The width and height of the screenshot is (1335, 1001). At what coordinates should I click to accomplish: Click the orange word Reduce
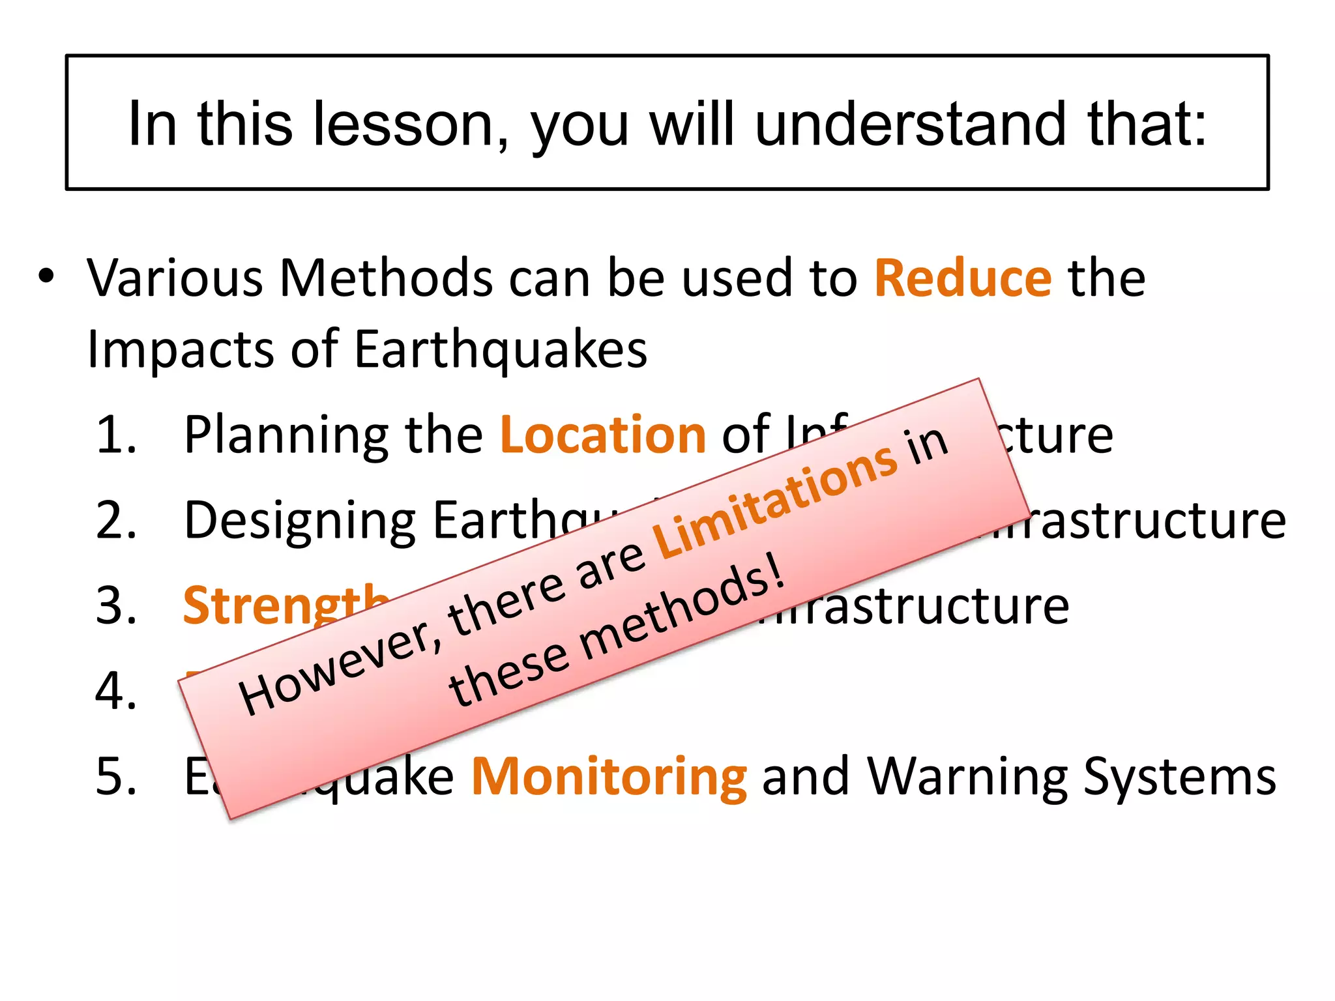[962, 278]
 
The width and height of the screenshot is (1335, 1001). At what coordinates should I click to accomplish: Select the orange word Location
[603, 435]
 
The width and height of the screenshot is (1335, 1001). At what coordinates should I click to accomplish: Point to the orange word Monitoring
[609, 776]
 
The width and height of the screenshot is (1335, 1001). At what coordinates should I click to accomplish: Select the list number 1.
[117, 435]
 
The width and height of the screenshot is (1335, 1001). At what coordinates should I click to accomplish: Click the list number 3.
[117, 605]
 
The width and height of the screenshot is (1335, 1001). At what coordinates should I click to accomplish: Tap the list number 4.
[117, 691]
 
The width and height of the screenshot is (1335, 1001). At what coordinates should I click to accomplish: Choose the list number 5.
[117, 776]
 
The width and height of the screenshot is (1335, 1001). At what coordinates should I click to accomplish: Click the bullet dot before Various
[46, 276]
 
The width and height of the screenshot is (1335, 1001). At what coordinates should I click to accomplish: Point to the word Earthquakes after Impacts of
[501, 351]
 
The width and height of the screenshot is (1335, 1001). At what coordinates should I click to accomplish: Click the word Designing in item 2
[300, 521]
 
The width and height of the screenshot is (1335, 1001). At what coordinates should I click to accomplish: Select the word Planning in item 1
[287, 436]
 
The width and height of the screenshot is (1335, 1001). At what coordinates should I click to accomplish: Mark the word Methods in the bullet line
[386, 278]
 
